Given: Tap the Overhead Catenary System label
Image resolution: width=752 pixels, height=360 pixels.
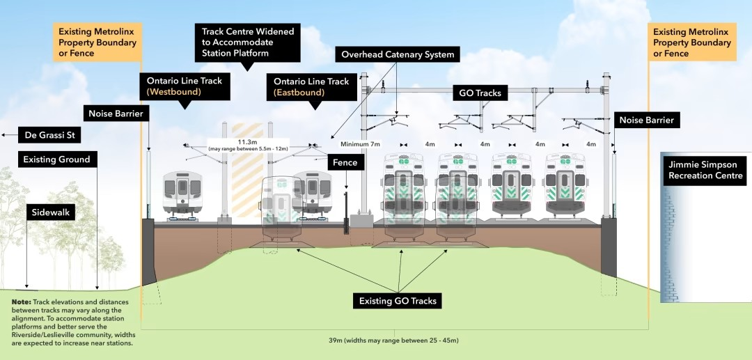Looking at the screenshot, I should coord(397,54).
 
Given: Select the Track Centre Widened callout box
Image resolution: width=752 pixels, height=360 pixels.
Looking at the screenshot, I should coord(247,42).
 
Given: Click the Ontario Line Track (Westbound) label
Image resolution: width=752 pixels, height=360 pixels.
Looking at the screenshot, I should coord(184,86).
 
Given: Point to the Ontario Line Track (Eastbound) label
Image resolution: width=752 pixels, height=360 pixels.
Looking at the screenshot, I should coord(311,86).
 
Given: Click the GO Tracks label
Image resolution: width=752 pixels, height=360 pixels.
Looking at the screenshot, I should coord(480,93).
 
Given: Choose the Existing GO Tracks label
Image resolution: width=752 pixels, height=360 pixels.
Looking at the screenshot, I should coord(398,301).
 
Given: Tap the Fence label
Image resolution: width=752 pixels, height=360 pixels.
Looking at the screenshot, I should coord(345,162).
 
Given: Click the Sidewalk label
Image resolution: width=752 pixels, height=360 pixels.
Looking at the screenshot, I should coord(52,212).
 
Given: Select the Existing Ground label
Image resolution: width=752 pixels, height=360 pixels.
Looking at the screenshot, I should coord(56,159).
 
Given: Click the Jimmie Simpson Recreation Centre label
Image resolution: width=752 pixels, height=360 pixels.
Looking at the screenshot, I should coord(704,171).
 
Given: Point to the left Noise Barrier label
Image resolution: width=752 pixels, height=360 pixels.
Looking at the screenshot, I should coord(116,113).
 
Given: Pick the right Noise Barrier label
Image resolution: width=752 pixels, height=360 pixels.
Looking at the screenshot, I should coord(646,120).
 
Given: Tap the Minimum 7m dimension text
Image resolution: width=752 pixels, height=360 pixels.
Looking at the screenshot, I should coord(360,143).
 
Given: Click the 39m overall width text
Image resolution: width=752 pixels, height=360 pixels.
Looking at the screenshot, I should coord(393,341).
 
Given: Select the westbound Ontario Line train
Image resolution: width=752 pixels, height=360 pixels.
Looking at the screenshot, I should coord(182,194).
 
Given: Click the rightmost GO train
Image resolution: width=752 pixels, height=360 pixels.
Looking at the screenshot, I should coord(565,185).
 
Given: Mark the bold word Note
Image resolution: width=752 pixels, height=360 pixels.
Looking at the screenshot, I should coord(22,302).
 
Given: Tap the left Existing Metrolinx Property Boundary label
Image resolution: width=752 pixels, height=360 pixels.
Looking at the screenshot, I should coord(99,42).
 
